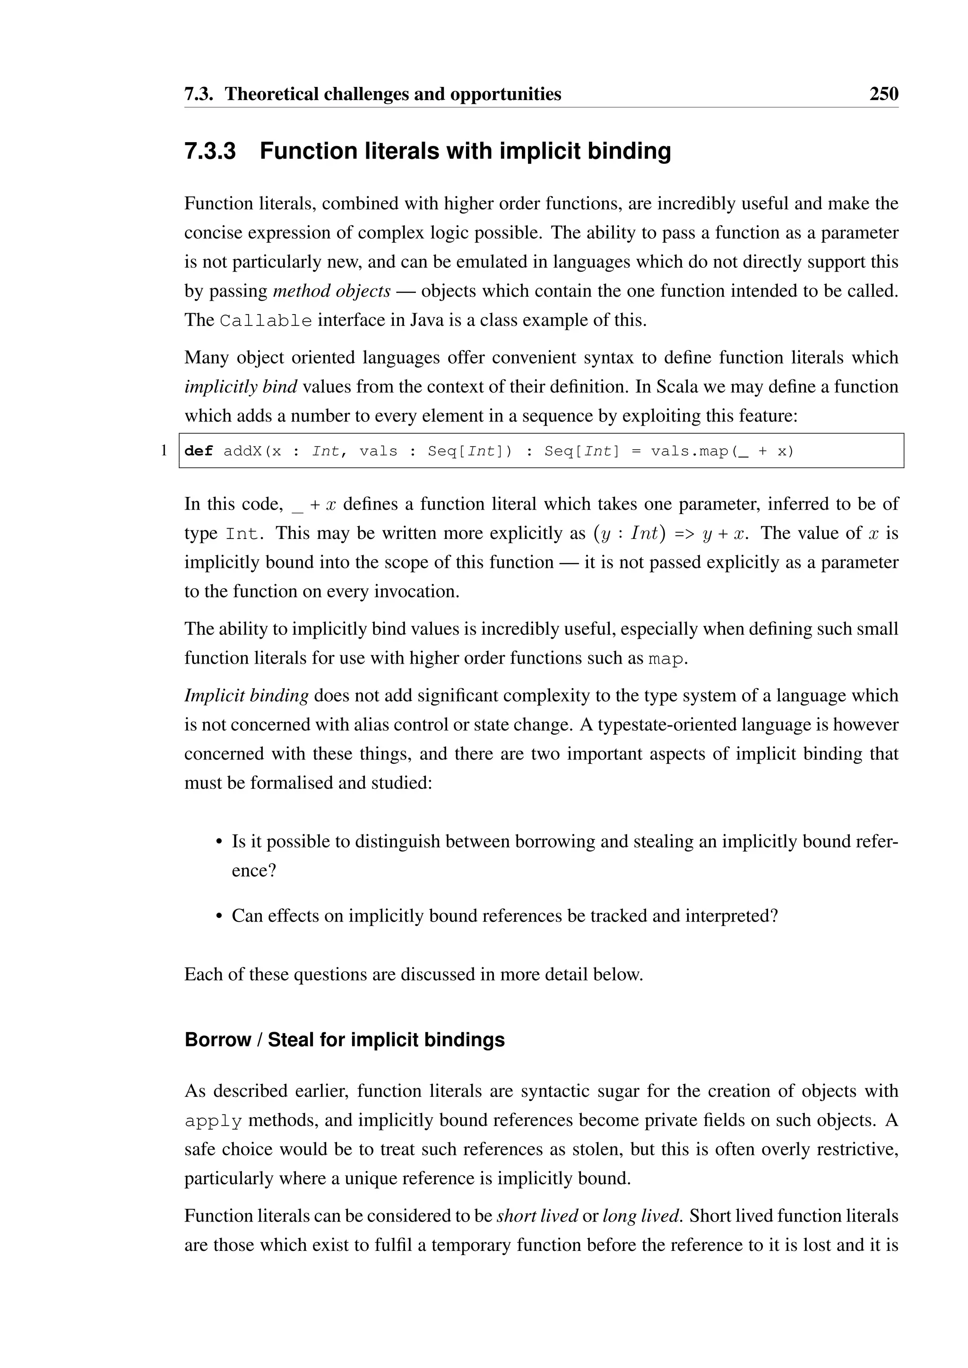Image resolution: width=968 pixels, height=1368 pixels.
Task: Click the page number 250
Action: [883, 94]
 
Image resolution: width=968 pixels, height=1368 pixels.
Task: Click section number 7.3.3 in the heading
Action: [210, 151]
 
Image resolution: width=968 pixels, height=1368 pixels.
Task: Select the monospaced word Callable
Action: [265, 321]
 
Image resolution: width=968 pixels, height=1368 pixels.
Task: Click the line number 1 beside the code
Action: [164, 451]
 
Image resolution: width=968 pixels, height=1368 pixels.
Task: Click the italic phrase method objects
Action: [331, 291]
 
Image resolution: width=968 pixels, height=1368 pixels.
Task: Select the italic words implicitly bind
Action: [240, 387]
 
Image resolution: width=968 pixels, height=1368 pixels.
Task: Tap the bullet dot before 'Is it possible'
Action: [219, 842]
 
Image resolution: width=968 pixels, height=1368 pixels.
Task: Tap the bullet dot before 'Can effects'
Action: [219, 916]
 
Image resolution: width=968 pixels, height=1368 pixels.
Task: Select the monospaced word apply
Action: [213, 1121]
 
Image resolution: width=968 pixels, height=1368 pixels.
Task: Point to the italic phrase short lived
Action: [536, 1215]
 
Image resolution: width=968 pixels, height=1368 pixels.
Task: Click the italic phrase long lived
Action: [641, 1215]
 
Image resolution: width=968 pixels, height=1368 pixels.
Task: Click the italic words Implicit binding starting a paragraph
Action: [246, 695]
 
